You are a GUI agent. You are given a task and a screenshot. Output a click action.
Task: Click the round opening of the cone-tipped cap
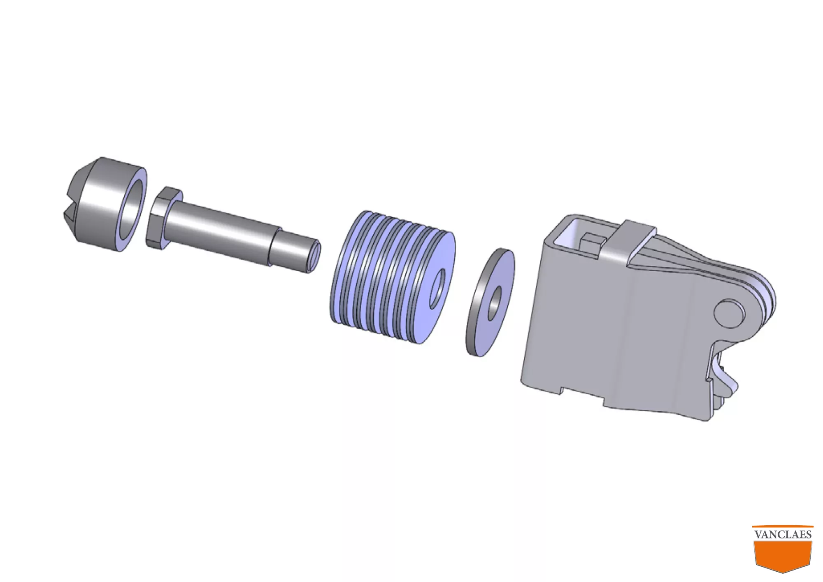click(x=131, y=210)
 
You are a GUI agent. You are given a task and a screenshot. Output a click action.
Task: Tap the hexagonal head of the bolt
click(x=162, y=218)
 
